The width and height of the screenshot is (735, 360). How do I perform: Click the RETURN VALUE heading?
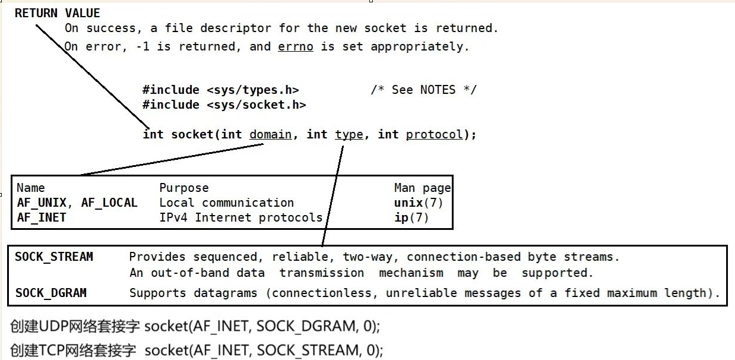point(58,13)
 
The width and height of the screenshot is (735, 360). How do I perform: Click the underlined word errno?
point(295,46)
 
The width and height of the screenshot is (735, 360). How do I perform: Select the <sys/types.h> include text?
point(253,90)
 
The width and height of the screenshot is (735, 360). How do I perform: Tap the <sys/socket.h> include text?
point(256,105)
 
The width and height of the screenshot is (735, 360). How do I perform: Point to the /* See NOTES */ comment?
point(423,90)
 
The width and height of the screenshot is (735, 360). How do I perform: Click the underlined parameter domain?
point(270,134)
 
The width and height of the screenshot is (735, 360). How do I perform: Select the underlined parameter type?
point(349,134)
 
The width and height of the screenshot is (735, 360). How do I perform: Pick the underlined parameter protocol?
point(434,134)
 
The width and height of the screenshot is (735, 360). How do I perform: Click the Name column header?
point(31,188)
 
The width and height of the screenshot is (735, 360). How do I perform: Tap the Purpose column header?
point(184,188)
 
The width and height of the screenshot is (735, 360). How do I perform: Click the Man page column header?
point(422,188)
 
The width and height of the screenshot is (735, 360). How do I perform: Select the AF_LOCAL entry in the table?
point(109,203)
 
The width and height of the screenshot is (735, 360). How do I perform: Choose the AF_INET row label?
point(42,217)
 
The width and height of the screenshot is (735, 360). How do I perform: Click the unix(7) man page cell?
point(419,203)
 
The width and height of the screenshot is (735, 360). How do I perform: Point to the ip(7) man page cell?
point(411,217)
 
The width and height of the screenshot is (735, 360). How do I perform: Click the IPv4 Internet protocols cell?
point(240,217)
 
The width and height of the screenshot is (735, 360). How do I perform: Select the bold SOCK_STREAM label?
point(54,257)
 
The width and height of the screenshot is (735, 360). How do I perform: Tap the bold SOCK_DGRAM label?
point(50,293)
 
